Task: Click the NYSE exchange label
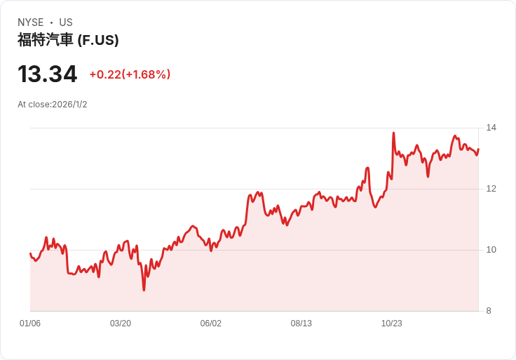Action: (30, 22)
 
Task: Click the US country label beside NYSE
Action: (66, 22)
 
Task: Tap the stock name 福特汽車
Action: (45, 40)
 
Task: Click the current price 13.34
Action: (47, 74)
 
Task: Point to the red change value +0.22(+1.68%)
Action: (130, 74)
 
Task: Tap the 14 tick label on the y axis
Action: (491, 128)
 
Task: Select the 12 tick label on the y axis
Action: (491, 189)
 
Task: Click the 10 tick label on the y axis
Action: (491, 250)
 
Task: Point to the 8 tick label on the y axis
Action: (489, 311)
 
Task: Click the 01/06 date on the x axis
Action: (30, 324)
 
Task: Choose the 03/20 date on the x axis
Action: (121, 324)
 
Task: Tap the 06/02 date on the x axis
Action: (211, 324)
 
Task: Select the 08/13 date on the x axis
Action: (301, 324)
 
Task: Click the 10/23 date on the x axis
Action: (392, 324)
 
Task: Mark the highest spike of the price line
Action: (393, 133)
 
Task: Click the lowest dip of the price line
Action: (144, 290)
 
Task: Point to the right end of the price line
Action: (478, 149)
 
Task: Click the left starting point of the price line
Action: (30, 253)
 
